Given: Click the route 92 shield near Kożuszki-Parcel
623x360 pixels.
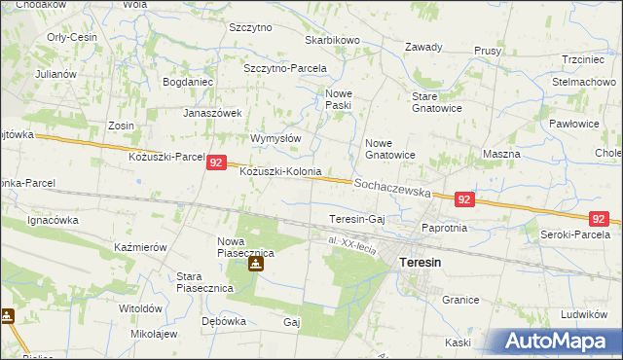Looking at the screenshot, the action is pos(217,165).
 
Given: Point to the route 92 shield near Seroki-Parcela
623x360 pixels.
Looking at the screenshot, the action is pos(601,219).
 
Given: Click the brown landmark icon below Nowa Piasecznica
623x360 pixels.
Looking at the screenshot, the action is pos(255,263).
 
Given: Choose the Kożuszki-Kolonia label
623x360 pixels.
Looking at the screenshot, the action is pos(280,171).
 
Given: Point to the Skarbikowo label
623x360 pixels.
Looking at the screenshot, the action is pos(333,40).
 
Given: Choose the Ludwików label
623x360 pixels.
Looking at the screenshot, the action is pos(584,315).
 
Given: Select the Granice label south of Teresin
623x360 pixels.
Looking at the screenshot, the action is pos(461,302).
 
